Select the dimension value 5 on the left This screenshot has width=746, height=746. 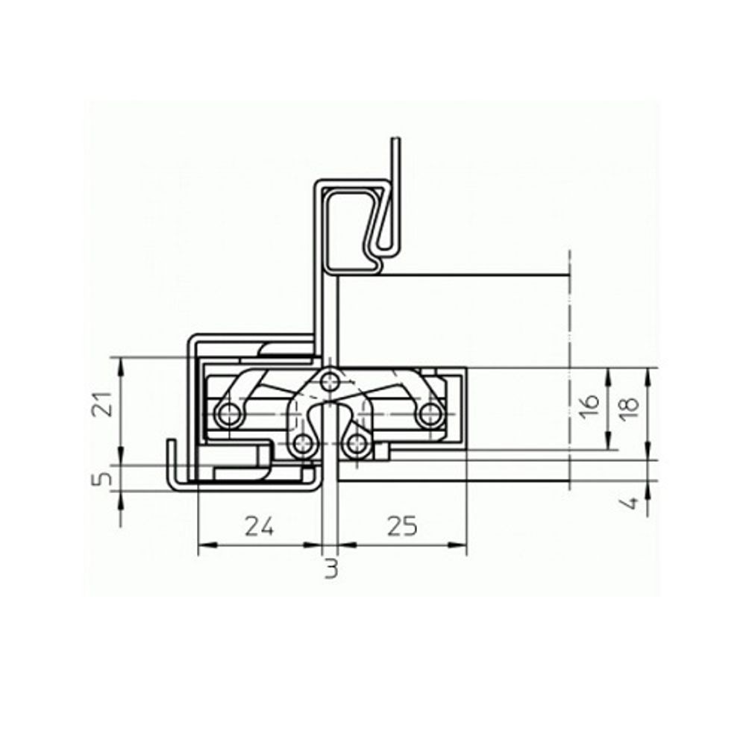(107, 475)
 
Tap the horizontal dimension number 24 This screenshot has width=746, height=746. (260, 527)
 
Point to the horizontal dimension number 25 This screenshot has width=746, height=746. (402, 527)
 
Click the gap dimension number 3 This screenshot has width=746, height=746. (331, 569)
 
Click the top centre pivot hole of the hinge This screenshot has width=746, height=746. (329, 382)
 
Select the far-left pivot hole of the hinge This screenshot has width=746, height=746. (228, 416)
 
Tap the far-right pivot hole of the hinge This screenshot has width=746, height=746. (430, 416)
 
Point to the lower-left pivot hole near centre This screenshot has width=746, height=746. (303, 445)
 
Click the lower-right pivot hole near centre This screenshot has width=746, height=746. (357, 445)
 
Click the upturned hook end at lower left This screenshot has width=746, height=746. (171, 444)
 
